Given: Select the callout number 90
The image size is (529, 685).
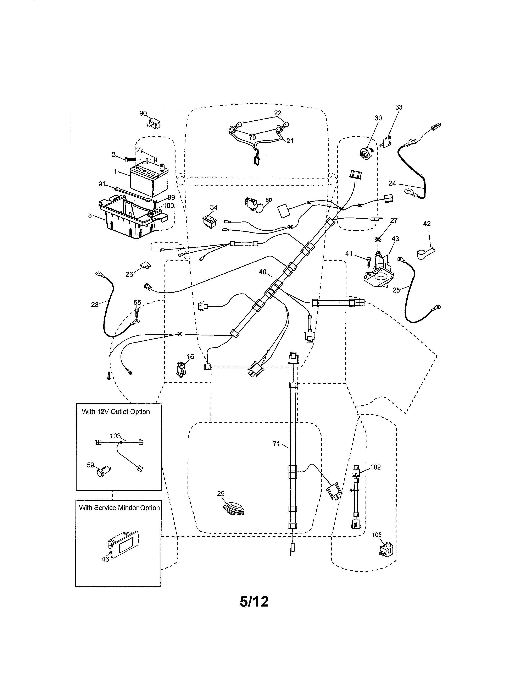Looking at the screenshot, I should point(143,113).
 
